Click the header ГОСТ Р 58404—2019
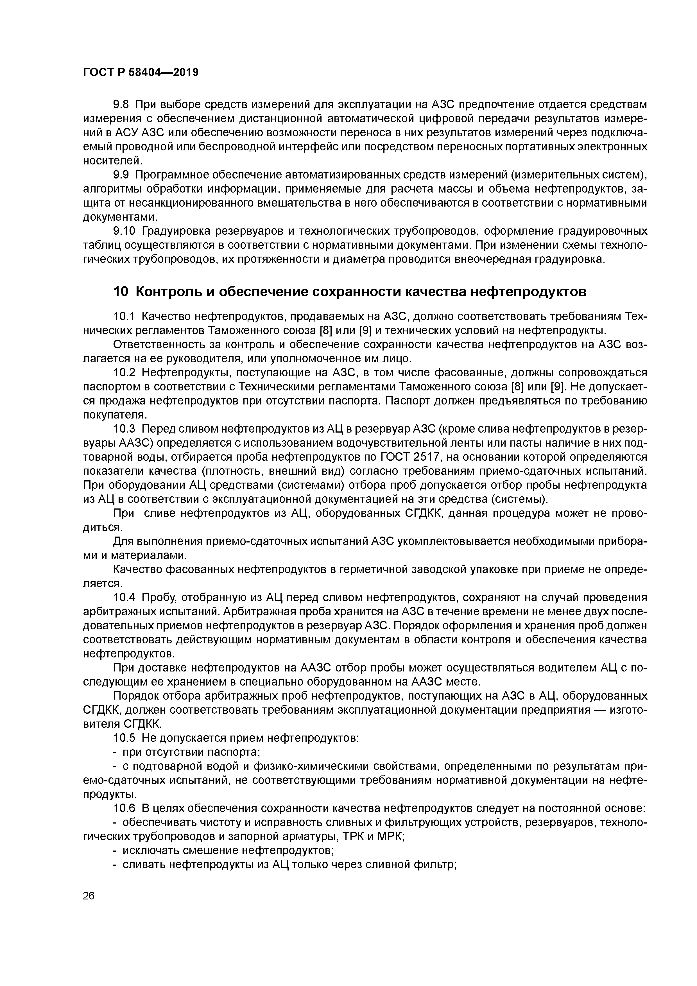coord(141,73)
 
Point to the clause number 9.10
coord(124,232)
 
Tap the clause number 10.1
coord(124,316)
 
